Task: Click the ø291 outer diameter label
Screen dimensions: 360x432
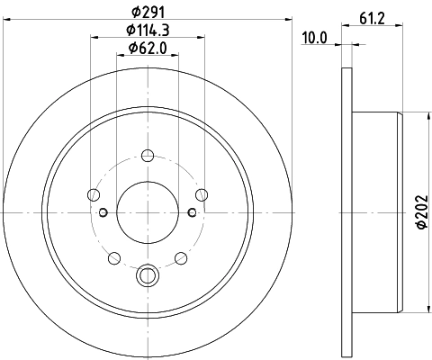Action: [x=149, y=12]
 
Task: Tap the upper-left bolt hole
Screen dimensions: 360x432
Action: [x=94, y=193]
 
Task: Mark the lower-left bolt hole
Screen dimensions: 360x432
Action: [x=114, y=258]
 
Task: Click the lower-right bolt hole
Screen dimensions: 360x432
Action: [x=184, y=258]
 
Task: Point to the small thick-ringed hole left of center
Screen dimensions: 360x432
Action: [x=104, y=212]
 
